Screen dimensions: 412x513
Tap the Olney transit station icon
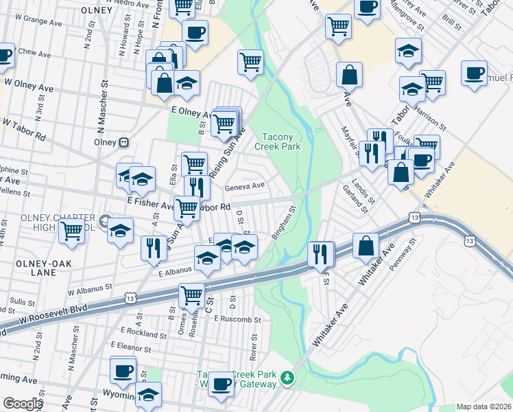tap(124, 143)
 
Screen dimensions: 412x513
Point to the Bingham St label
tap(283, 223)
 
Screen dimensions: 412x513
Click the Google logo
tap(22, 404)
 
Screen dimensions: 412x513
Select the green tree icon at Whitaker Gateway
tap(289, 378)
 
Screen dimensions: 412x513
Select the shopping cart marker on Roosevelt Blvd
tap(192, 296)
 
